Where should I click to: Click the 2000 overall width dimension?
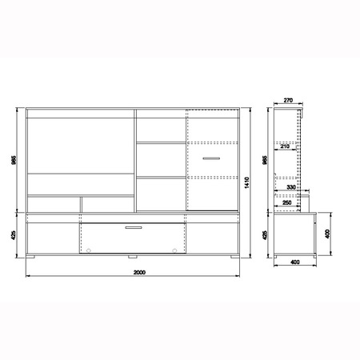pyautogui.click(x=138, y=273)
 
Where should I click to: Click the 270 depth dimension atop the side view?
pyautogui.click(x=289, y=102)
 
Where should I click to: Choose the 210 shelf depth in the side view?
pyautogui.click(x=285, y=146)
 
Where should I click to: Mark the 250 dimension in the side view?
pyautogui.click(x=286, y=202)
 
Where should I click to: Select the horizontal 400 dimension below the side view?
pyautogui.click(x=295, y=262)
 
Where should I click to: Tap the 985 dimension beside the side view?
pyautogui.click(x=266, y=159)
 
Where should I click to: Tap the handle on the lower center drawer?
pyautogui.click(x=133, y=230)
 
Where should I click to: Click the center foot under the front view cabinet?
pyautogui.click(x=133, y=258)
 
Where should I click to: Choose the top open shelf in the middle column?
pyautogui.click(x=161, y=129)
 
